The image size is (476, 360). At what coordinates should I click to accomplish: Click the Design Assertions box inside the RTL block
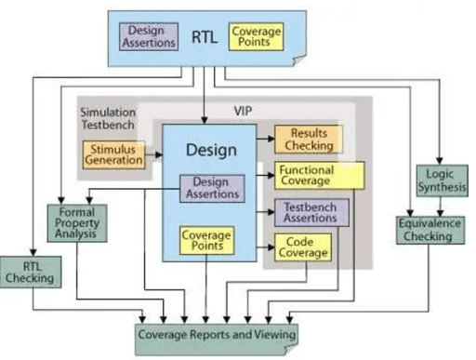click(146, 36)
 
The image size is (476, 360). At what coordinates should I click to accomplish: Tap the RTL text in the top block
click(204, 37)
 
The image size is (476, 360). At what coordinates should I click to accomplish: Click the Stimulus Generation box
click(114, 154)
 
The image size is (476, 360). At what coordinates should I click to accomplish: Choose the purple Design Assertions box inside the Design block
click(209, 189)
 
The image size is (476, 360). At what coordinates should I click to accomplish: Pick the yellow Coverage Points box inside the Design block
click(205, 240)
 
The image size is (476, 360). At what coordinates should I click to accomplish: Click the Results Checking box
click(307, 140)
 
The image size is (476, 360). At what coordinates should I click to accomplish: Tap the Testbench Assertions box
click(311, 212)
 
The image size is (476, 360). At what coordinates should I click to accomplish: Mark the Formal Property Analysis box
click(77, 222)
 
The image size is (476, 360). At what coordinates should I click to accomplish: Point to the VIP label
click(245, 110)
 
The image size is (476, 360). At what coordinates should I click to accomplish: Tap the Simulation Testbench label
click(104, 118)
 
